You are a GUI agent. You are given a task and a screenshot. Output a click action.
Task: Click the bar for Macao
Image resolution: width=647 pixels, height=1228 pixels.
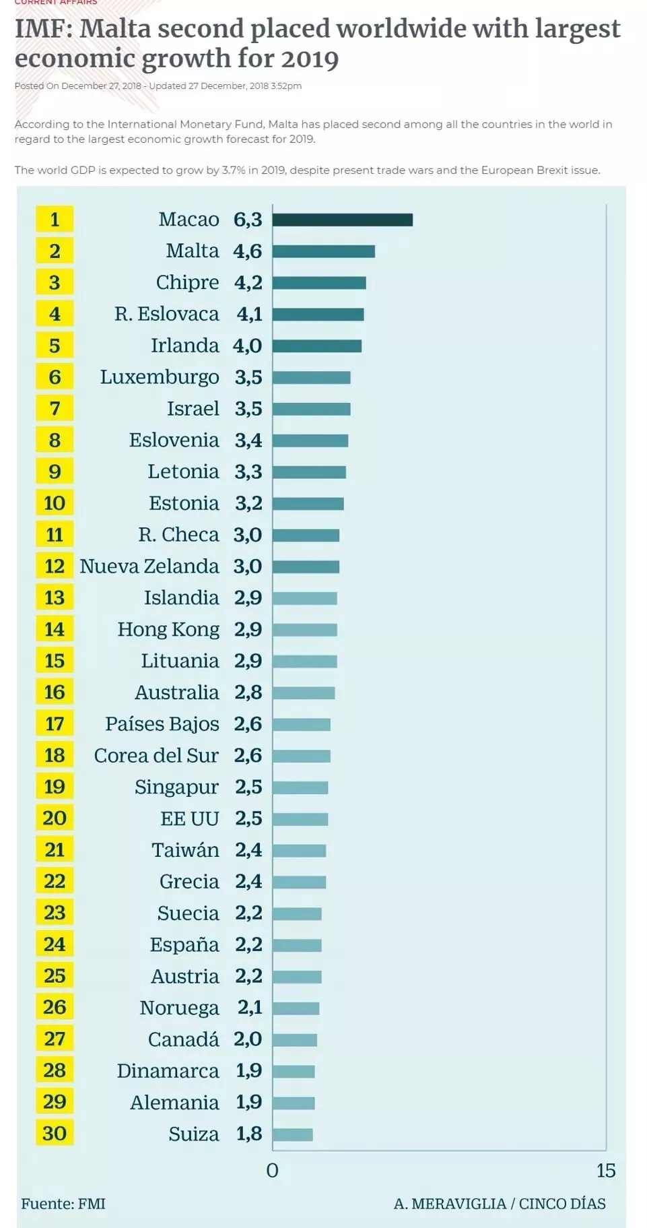[342, 220]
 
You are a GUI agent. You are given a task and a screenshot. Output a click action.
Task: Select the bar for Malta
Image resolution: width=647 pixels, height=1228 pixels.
[323, 251]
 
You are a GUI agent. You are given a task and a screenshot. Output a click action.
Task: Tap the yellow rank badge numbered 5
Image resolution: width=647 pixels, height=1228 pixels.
[55, 346]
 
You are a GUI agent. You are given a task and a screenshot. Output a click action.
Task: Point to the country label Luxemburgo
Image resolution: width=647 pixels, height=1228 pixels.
[160, 377]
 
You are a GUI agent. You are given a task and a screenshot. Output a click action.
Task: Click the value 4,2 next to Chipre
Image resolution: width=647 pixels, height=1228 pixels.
[248, 282]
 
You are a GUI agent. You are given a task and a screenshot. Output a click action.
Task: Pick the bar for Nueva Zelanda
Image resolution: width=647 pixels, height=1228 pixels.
[306, 567]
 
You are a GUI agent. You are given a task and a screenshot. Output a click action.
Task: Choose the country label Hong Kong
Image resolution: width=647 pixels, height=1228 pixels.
[168, 629]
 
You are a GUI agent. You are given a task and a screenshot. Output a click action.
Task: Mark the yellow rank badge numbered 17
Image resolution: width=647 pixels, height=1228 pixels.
[55, 724]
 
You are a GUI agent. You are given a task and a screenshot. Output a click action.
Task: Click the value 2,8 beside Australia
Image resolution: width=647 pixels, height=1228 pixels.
[248, 692]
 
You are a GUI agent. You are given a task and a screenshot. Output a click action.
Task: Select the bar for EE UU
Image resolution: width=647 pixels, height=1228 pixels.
[300, 819]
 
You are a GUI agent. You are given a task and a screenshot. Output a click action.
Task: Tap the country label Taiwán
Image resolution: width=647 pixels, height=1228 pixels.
[185, 850]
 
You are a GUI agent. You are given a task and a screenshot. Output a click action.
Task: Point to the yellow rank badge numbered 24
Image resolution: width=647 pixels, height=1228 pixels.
[55, 944]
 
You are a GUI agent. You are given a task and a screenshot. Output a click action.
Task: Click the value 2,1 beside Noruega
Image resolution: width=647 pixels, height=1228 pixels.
[249, 1008]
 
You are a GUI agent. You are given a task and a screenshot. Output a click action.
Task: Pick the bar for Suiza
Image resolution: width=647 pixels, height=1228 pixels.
[293, 1134]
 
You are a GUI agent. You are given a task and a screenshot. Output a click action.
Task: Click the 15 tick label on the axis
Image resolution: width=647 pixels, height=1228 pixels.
[605, 1171]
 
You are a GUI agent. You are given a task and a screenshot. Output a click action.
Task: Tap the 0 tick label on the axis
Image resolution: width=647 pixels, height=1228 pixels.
[272, 1171]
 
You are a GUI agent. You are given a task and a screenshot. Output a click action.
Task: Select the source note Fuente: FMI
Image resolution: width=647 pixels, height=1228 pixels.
[63, 1204]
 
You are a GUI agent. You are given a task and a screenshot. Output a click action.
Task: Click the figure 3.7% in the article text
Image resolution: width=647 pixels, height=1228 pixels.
[232, 170]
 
